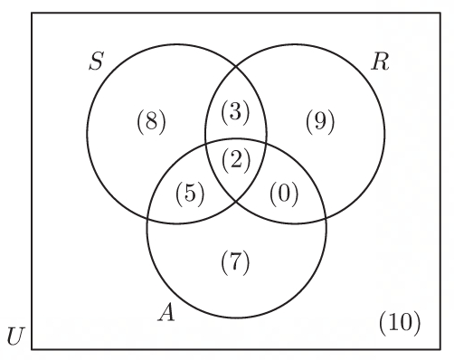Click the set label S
[x=97, y=62]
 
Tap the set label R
[x=380, y=62]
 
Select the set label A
[x=166, y=312]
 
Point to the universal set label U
[x=14, y=336]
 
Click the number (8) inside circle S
[x=151, y=122]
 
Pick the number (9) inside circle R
[x=320, y=122]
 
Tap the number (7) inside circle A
[x=235, y=262]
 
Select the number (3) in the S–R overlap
[x=235, y=112]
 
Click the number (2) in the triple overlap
[x=236, y=160]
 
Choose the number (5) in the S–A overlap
[x=190, y=194]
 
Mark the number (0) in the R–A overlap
[x=284, y=194]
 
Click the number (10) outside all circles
[x=400, y=323]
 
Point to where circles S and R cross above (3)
[x=236, y=67]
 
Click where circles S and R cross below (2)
[x=236, y=200]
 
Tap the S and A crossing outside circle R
[x=147, y=219]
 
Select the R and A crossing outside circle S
[x=326, y=218]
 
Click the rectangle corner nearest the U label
[x=32, y=349]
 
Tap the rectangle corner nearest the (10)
[x=440, y=349]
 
